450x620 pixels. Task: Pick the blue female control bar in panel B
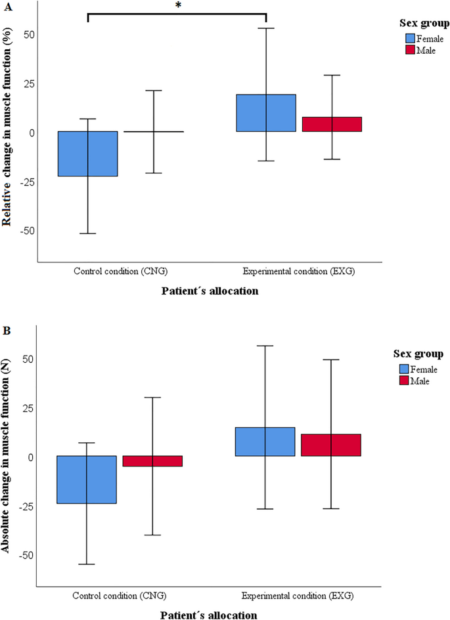point(87,480)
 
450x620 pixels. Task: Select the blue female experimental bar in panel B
point(265,442)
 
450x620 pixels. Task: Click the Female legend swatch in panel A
point(410,39)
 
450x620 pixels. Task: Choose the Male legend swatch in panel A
point(410,50)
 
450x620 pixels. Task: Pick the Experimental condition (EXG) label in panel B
point(298,596)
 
